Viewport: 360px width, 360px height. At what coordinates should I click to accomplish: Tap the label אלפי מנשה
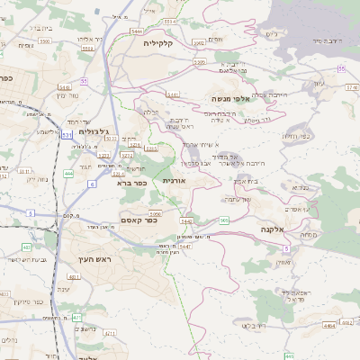pyautogui.click(x=234, y=98)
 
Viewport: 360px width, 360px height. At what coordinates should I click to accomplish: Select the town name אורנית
pyautogui.click(x=175, y=181)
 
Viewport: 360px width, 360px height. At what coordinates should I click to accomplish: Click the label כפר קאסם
pyautogui.click(x=140, y=220)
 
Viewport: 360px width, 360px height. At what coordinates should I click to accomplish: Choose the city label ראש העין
pyautogui.click(x=83, y=259)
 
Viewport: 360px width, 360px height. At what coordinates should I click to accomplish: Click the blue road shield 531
pyautogui.click(x=67, y=135)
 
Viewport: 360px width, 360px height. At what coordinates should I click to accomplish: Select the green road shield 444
pyautogui.click(x=69, y=173)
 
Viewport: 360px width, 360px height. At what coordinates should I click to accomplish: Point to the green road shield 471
pyautogui.click(x=77, y=318)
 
